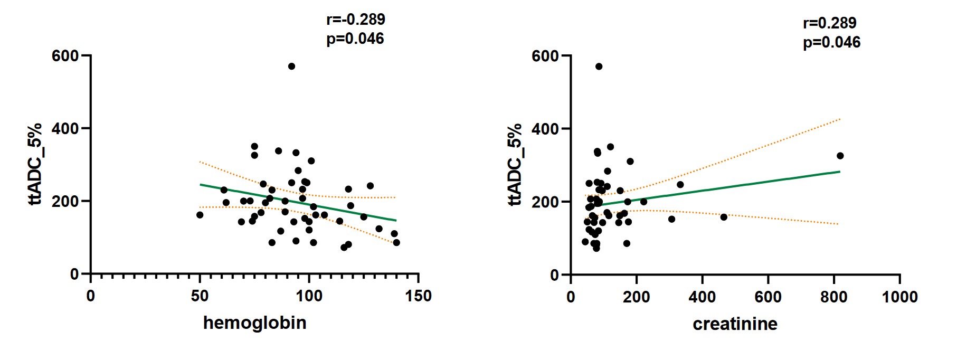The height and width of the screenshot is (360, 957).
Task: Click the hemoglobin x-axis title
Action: click(x=255, y=323)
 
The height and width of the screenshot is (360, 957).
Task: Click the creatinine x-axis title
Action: click(x=735, y=324)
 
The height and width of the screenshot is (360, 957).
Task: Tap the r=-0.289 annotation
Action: click(x=356, y=20)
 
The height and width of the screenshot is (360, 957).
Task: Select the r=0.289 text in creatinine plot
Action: click(x=829, y=23)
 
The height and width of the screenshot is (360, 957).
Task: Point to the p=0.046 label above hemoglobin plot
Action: click(x=355, y=39)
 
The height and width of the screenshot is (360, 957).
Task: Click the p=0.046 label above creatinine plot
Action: click(x=831, y=43)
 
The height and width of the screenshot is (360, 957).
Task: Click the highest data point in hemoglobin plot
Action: click(x=291, y=67)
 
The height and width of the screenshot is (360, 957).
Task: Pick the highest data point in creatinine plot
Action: click(x=599, y=67)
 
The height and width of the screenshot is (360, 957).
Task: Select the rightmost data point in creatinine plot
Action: click(x=840, y=156)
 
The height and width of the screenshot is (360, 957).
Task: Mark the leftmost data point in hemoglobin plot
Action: click(x=200, y=215)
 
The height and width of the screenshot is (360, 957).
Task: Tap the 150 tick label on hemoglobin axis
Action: click(x=419, y=296)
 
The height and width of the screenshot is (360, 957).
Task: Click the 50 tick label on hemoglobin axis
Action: click(x=200, y=296)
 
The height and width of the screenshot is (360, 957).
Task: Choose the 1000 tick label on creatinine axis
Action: click(x=899, y=297)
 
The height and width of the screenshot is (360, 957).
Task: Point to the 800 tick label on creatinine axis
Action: click(x=834, y=297)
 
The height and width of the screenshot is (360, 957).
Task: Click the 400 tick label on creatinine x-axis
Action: click(x=702, y=297)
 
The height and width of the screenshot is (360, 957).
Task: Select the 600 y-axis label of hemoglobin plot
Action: click(x=65, y=55)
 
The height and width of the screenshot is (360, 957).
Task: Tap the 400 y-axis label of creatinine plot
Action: click(x=545, y=129)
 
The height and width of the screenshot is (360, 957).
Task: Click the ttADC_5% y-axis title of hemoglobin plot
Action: click(x=35, y=164)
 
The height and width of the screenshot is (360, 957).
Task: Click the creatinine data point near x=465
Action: click(x=724, y=217)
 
